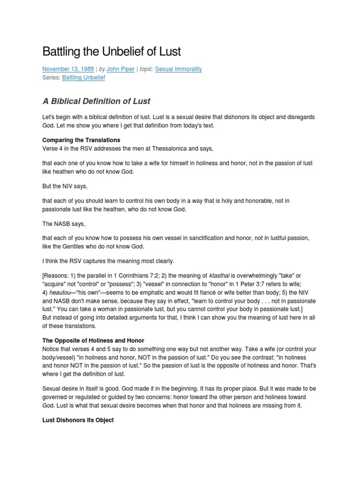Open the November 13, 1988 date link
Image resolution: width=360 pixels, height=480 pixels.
(61, 69)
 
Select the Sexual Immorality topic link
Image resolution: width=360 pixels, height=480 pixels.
(178, 69)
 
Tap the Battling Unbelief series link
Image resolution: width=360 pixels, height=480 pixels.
(83, 77)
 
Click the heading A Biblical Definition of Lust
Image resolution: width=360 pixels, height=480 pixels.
(96, 101)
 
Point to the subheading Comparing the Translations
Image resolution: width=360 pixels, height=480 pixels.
(81, 140)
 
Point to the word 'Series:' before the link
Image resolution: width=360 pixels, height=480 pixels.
(51, 77)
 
